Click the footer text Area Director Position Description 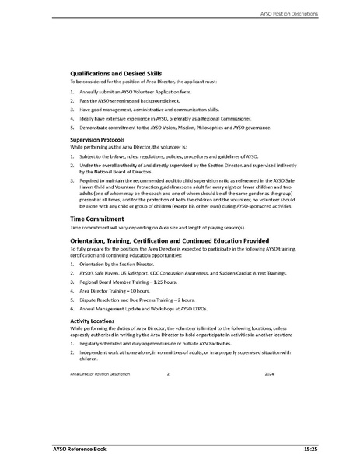coord(96,374)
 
